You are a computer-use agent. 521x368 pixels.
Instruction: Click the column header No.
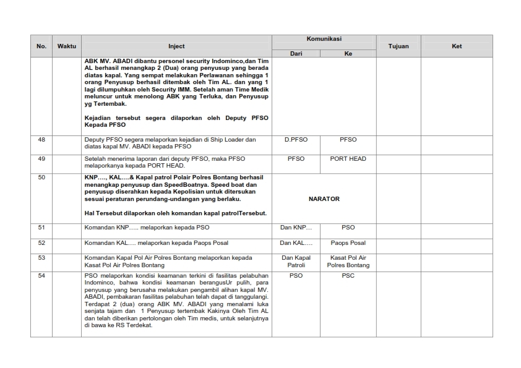click(x=41, y=46)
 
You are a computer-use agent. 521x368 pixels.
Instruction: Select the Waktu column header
click(x=66, y=46)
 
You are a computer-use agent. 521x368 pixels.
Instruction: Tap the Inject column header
click(x=176, y=46)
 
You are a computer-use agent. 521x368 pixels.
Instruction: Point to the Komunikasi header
click(x=324, y=39)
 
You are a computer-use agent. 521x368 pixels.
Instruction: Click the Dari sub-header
click(x=296, y=54)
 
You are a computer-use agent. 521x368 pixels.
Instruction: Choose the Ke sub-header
click(x=348, y=54)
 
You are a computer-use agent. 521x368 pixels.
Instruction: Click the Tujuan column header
click(x=398, y=46)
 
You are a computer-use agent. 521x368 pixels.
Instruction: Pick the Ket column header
click(x=457, y=46)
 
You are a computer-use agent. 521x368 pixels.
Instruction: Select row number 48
click(x=41, y=140)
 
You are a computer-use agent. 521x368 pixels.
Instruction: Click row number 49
click(x=41, y=159)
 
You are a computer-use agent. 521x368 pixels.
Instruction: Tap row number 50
click(x=41, y=178)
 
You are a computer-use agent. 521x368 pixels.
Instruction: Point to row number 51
click(x=41, y=228)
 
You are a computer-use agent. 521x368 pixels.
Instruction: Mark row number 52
click(x=41, y=243)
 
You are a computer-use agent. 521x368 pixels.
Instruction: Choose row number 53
click(x=41, y=257)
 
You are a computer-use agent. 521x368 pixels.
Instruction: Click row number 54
click(x=41, y=276)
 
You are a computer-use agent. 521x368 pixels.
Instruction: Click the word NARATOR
click(x=324, y=199)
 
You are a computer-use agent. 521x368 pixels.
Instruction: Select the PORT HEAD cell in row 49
click(x=348, y=159)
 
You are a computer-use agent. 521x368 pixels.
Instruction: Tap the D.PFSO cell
click(x=296, y=140)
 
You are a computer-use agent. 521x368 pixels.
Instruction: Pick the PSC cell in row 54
click(x=348, y=276)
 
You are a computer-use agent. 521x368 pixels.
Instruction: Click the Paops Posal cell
click(x=348, y=243)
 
